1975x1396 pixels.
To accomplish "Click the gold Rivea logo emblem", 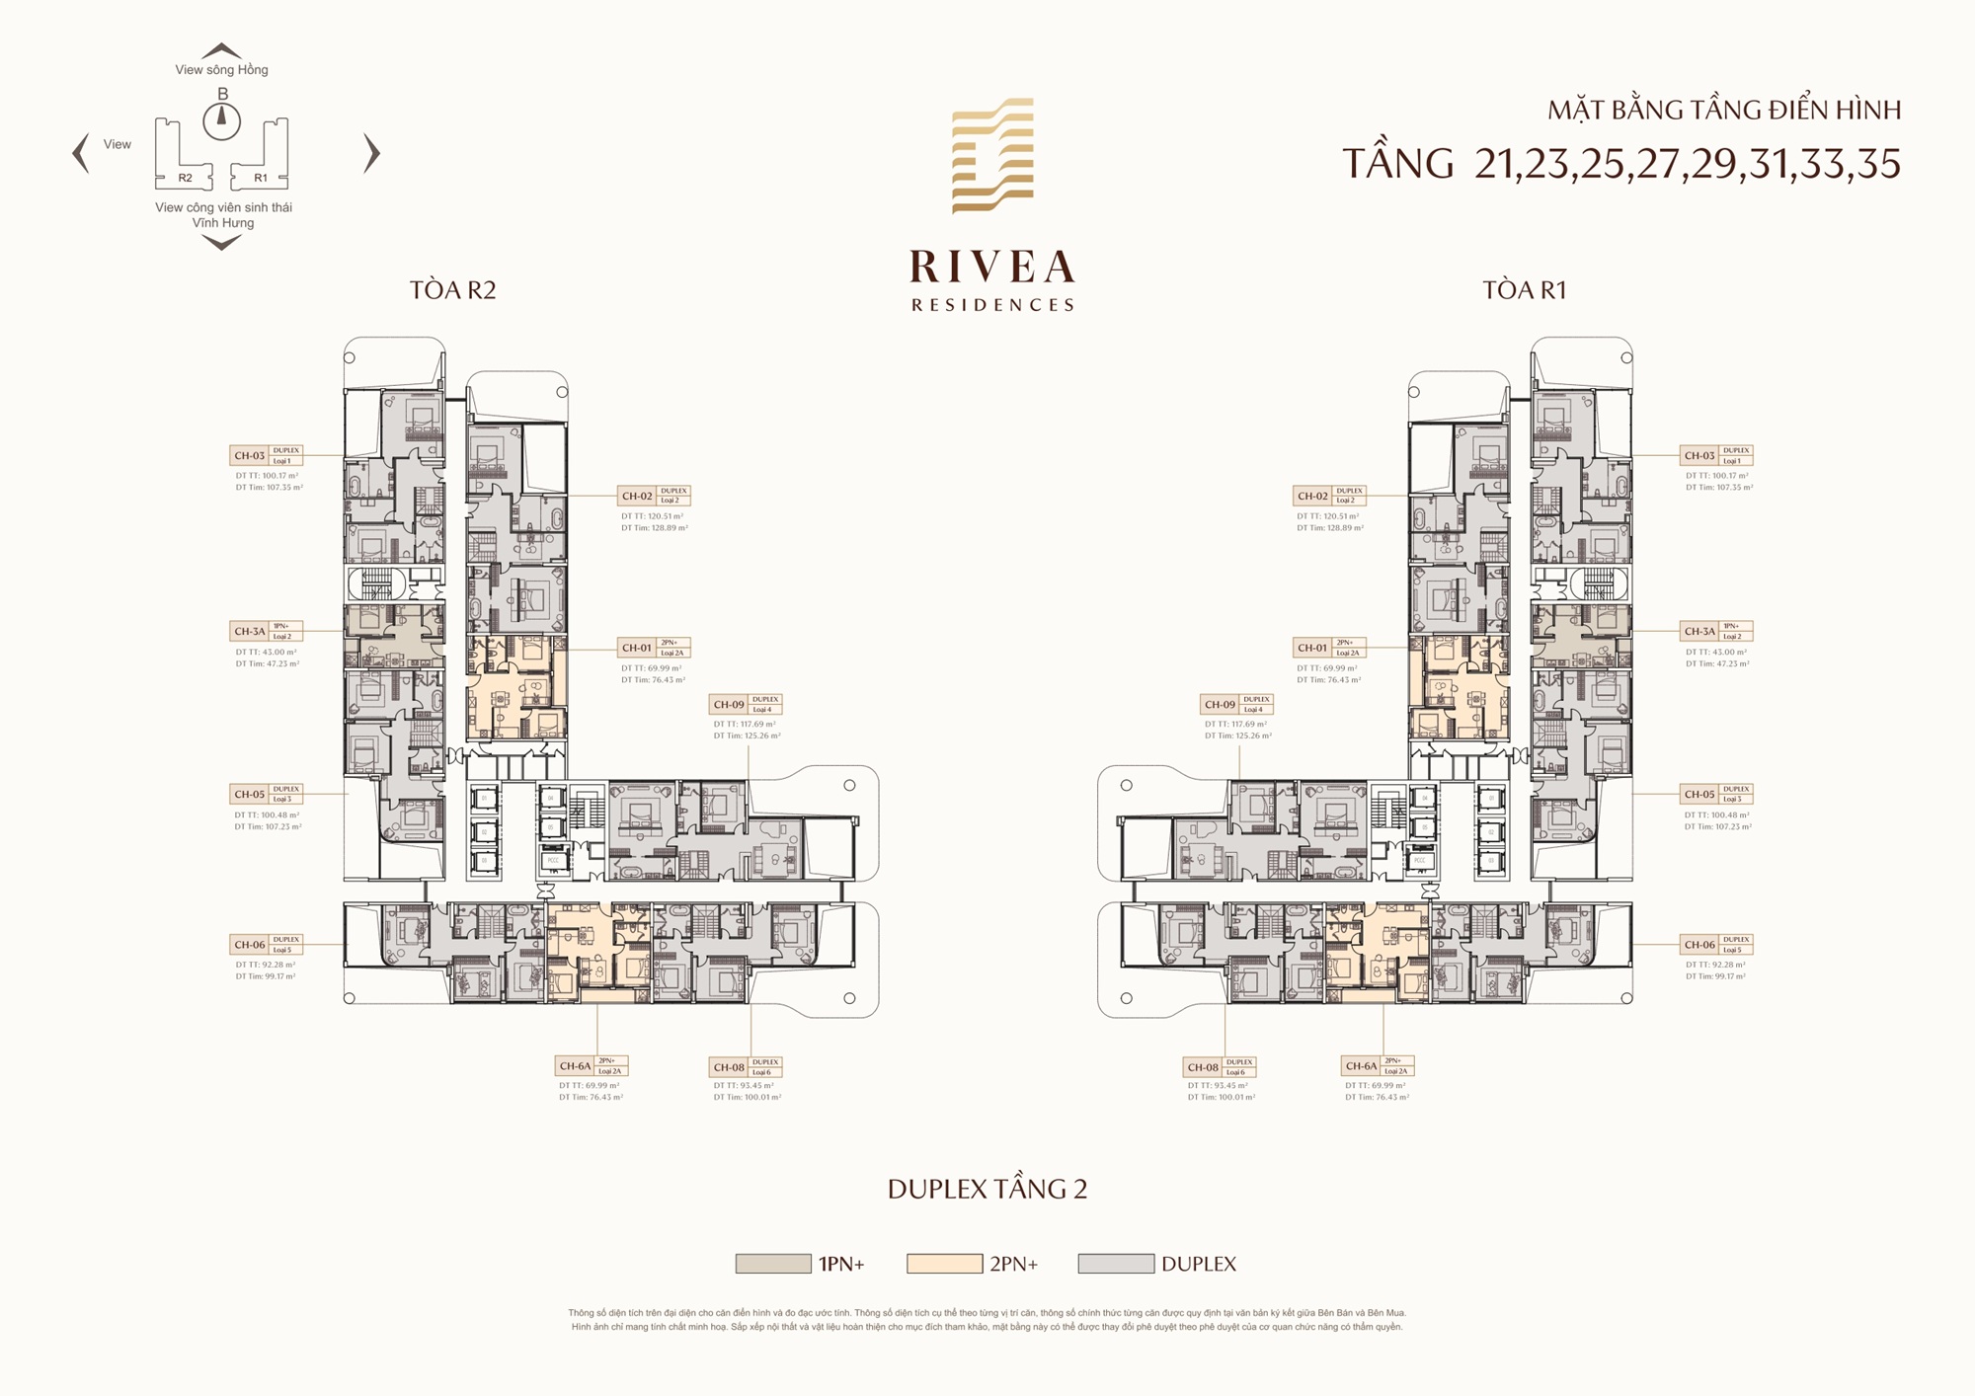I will click(x=992, y=155).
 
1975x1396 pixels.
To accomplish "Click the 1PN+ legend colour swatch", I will click(x=773, y=1264).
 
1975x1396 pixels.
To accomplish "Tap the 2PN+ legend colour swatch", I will click(x=944, y=1264).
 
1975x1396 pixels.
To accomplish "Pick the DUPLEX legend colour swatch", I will click(x=1116, y=1264).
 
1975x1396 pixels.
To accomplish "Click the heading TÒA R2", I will click(x=452, y=290).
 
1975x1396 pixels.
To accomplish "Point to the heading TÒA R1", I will click(x=1524, y=290).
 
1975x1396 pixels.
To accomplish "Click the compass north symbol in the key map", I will click(x=222, y=120).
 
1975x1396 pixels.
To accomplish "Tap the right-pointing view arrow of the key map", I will click(x=371, y=153).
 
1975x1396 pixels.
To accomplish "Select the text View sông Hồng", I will click(x=221, y=70).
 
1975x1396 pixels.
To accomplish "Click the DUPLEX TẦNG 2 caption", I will click(x=987, y=1189).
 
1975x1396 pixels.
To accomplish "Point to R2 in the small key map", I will click(x=185, y=178).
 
